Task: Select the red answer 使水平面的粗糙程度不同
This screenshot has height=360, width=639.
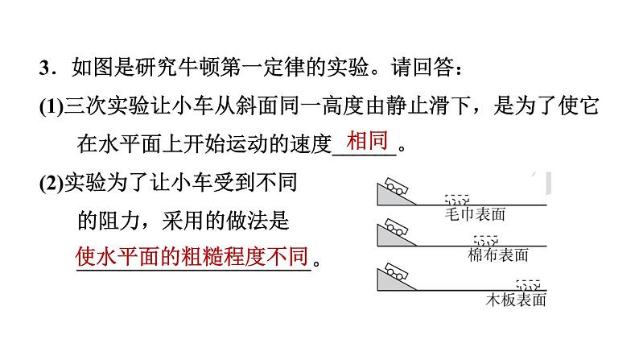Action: coord(192,257)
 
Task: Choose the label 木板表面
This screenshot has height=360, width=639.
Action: coord(517,300)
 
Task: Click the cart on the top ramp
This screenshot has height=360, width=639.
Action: coord(394,185)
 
